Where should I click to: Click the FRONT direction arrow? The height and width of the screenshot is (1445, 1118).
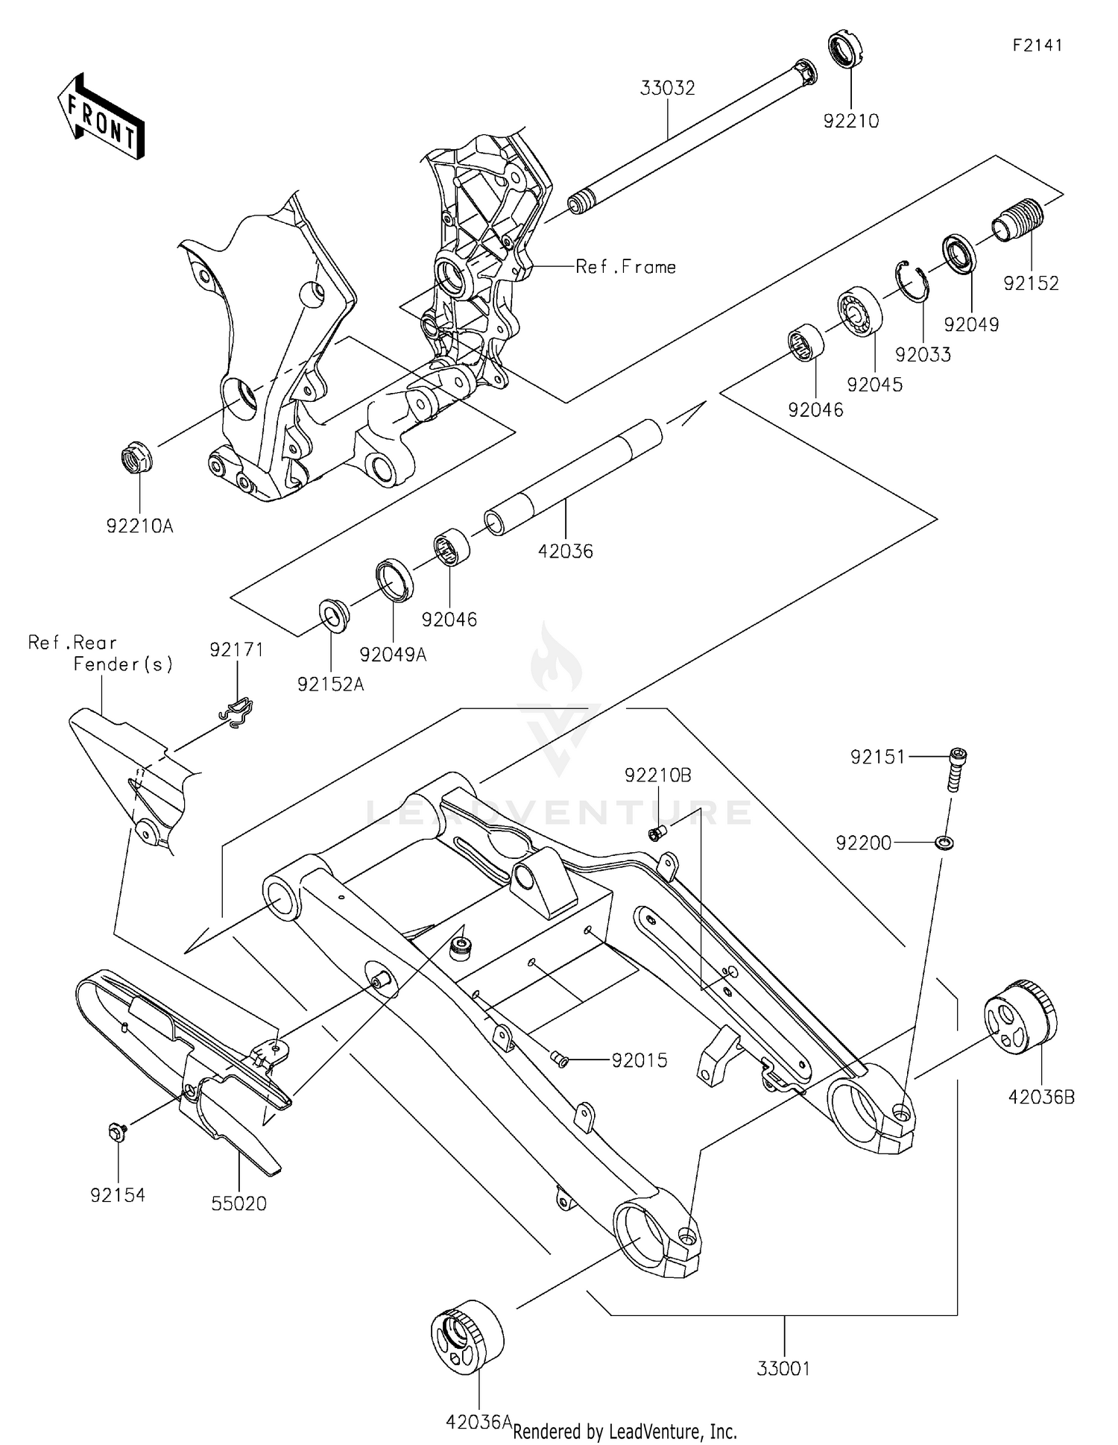[101, 117]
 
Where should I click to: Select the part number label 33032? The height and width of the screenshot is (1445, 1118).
[667, 88]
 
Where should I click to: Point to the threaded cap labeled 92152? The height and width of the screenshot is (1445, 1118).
[1019, 219]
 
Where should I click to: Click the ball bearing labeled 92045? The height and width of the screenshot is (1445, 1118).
[859, 311]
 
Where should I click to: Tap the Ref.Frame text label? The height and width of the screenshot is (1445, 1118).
[625, 267]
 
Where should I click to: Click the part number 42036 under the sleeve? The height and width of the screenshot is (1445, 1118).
[566, 551]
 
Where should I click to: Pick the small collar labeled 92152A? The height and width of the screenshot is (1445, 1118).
[335, 614]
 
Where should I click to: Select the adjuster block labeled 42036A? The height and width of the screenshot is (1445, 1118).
[467, 1336]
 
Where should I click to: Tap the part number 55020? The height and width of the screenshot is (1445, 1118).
[239, 1203]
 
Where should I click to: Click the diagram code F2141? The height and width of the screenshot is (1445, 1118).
[1037, 45]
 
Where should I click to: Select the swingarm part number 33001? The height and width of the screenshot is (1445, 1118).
[783, 1369]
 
